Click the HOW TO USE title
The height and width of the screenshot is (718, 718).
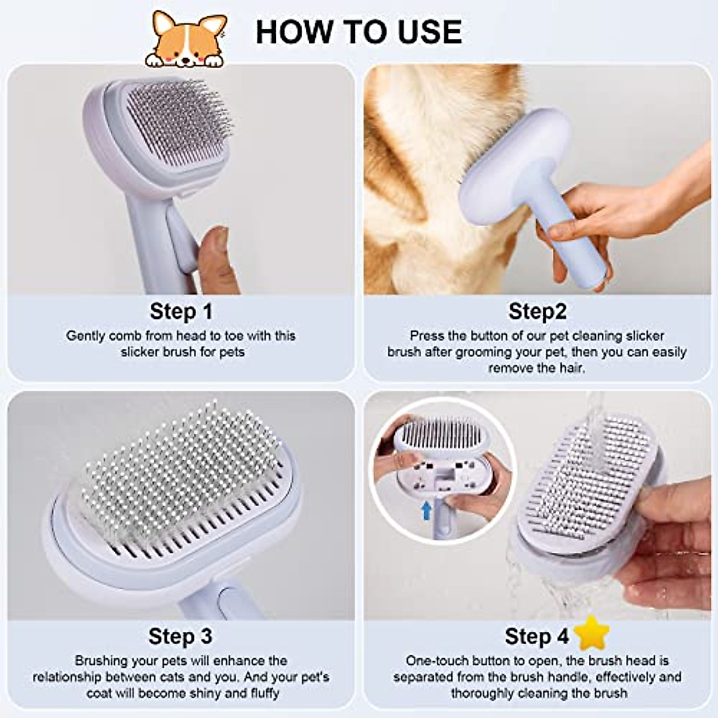pos(359,32)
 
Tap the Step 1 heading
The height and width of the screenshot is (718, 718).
pos(181,312)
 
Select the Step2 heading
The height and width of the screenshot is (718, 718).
pos(537,312)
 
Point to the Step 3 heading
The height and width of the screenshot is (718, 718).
pos(180,636)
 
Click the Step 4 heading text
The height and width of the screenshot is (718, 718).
pos(536,637)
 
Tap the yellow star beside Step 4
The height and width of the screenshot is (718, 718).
pos(591,633)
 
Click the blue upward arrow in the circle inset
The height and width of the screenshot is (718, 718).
pos(426,510)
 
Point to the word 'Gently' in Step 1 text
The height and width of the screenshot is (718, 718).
pos(86,336)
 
